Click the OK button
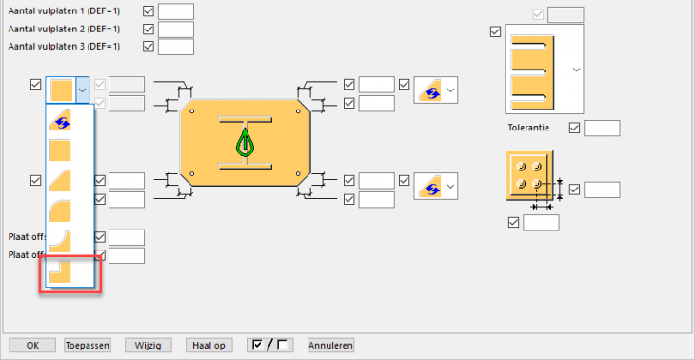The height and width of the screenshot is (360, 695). tap(32, 345)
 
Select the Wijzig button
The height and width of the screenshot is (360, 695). tap(148, 345)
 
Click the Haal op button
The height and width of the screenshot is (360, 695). tap(208, 345)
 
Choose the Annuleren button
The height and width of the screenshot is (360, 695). tap(330, 345)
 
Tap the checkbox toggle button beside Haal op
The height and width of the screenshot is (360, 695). tap(269, 345)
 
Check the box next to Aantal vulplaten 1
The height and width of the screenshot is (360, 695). tap(149, 11)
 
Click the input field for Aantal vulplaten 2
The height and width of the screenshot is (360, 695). tap(176, 30)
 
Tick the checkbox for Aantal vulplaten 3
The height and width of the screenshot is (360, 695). tap(149, 47)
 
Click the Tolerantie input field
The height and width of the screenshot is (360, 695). tap(602, 129)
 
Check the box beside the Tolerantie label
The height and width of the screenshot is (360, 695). tap(574, 129)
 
